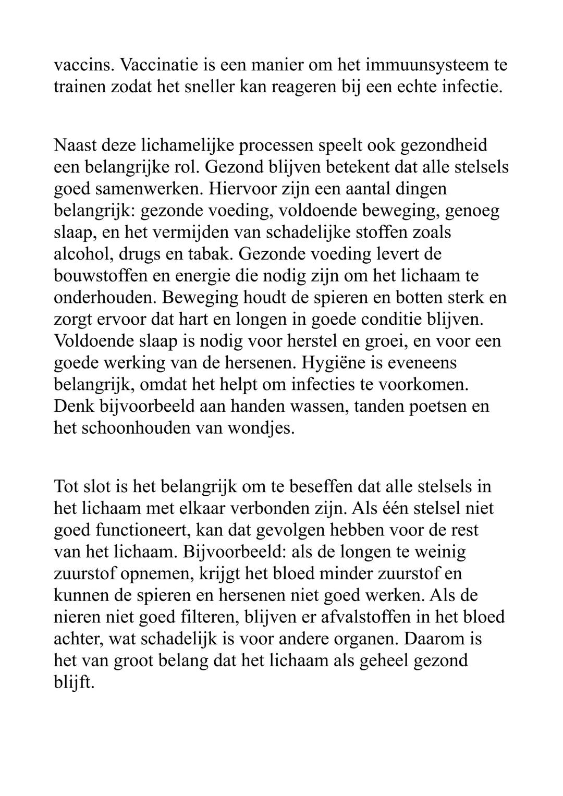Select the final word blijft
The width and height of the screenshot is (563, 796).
click(x=74, y=683)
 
